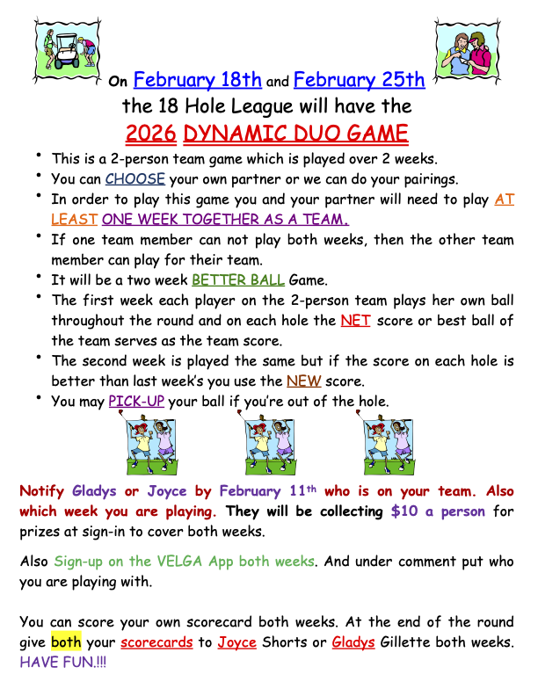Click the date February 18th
point(198,81)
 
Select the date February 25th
point(360,81)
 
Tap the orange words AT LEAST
point(504,199)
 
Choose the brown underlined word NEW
point(303,381)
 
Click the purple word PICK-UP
point(136,402)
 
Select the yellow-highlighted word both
point(66,642)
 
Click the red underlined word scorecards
point(157,642)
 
